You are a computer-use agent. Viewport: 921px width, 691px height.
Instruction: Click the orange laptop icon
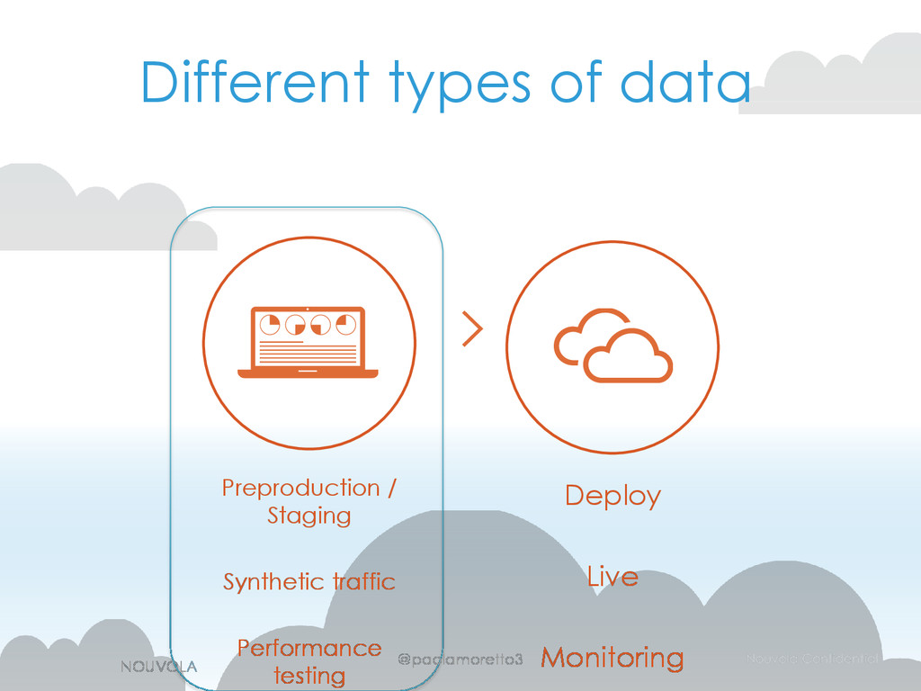tap(308, 342)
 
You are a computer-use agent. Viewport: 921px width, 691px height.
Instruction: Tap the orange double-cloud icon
tap(613, 345)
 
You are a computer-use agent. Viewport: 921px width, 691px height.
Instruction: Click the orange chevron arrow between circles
tap(471, 330)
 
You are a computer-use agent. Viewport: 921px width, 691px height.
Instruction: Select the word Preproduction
tap(300, 489)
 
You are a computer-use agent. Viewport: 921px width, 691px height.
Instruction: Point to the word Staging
tap(308, 516)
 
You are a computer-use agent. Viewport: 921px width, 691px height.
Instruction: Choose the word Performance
tap(308, 649)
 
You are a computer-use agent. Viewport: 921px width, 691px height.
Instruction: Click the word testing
tap(308, 675)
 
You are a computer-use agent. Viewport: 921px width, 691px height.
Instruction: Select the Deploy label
tap(613, 496)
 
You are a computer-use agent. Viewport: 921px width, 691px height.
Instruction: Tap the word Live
tap(613, 577)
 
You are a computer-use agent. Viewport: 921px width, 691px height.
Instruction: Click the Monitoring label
tap(612, 659)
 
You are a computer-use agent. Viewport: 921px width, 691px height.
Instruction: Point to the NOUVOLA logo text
tap(158, 665)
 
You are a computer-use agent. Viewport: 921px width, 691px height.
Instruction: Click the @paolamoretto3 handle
tap(460, 660)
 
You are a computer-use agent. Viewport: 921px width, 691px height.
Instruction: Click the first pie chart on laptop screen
tap(270, 324)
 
